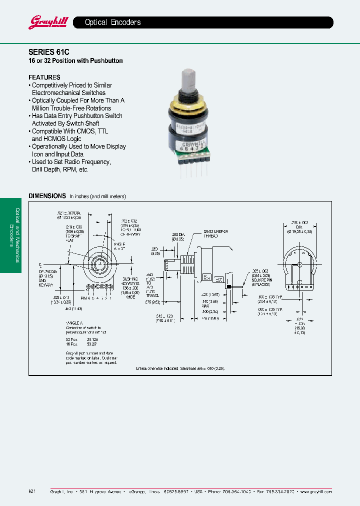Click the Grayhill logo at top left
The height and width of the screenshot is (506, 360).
tap(45, 22)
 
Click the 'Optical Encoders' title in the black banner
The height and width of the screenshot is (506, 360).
tap(112, 22)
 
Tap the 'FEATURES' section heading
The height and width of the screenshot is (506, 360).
tap(44, 77)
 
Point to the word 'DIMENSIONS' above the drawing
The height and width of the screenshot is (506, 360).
tap(47, 196)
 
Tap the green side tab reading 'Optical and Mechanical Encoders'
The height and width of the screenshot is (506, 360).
tap(10, 235)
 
